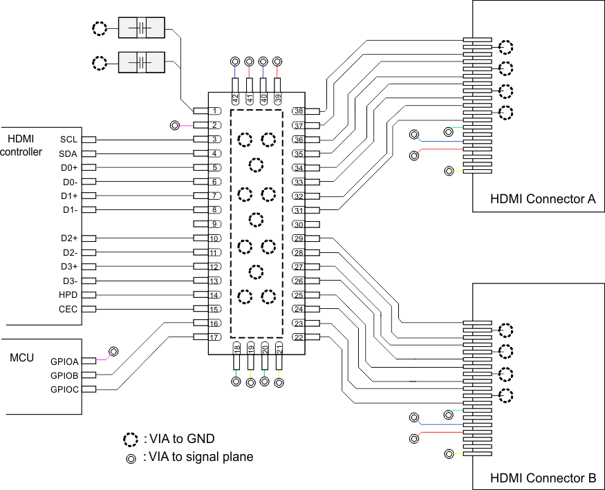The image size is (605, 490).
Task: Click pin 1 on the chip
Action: [x=216, y=111]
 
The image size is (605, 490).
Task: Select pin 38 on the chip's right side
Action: [x=299, y=111]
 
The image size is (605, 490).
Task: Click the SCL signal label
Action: [x=68, y=140]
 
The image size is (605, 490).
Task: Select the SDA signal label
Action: [x=68, y=153]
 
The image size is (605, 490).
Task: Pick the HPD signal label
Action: [x=68, y=295]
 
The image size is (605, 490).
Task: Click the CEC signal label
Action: [x=68, y=309]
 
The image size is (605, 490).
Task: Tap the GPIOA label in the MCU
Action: [x=64, y=361]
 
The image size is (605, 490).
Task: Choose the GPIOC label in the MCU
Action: [x=64, y=389]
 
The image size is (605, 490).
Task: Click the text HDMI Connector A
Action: [x=542, y=199]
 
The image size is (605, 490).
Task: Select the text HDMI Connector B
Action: [x=542, y=478]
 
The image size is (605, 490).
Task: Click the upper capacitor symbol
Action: [x=142, y=28]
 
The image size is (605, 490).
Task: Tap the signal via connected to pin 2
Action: [x=175, y=126]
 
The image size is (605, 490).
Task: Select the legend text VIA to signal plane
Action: [x=198, y=457]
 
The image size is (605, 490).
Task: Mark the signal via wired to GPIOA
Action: [x=113, y=352]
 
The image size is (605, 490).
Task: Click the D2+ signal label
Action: [x=69, y=238]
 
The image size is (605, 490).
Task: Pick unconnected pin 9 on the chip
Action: [x=216, y=224]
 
